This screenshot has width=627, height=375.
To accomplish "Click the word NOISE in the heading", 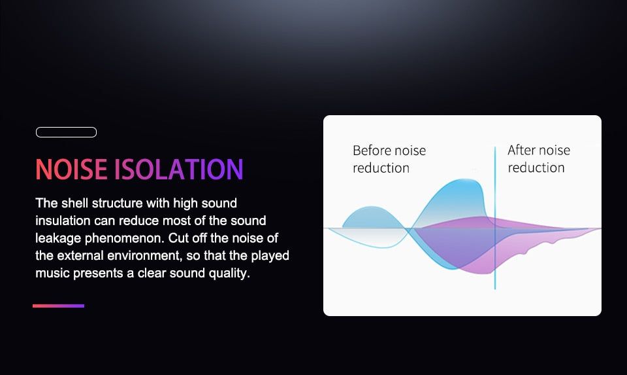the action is [x=71, y=169].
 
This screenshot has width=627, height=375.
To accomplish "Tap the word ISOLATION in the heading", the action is [x=179, y=169].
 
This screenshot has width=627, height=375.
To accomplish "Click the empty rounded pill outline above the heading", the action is [x=66, y=132].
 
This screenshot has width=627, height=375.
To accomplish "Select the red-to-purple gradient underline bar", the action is [x=58, y=306].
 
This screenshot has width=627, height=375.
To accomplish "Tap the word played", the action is [x=270, y=256].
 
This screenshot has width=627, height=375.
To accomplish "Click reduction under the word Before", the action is [x=381, y=168].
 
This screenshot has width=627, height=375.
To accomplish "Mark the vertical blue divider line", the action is [x=495, y=217].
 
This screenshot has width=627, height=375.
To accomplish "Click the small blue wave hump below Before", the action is [x=372, y=217].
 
